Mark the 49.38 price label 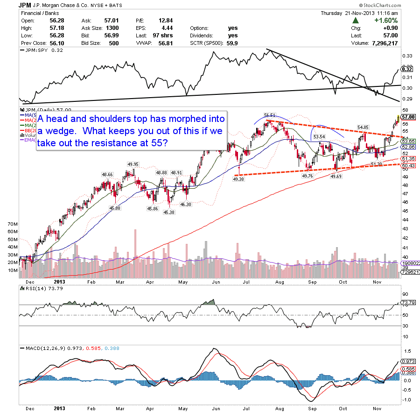click(239, 179)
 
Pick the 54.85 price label click(364, 127)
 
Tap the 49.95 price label click(133, 164)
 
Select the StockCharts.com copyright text click(393, 5)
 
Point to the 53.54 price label click(319, 136)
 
